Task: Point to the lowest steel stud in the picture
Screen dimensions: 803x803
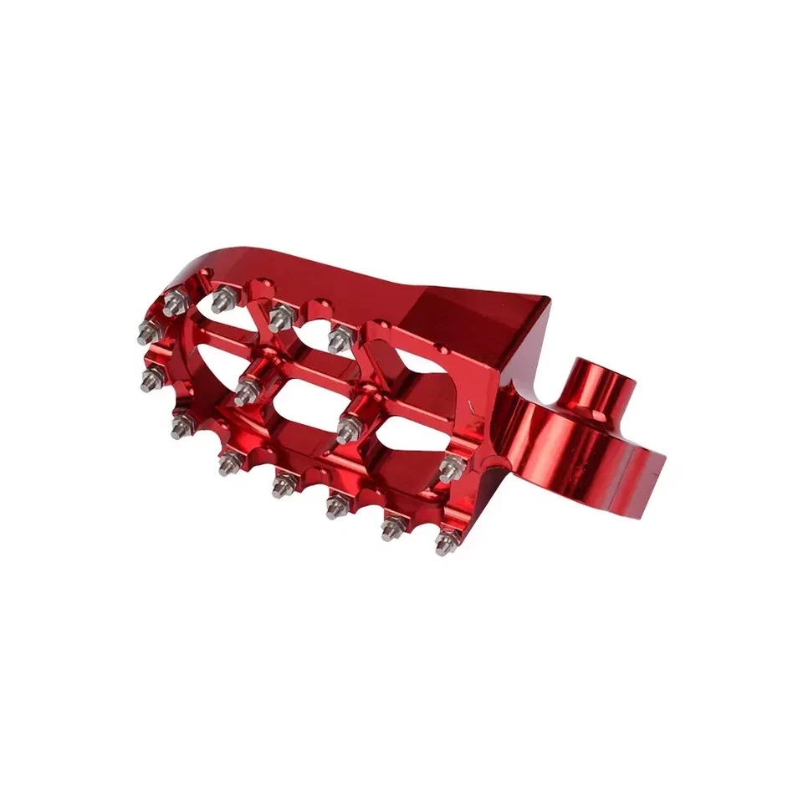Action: [x=444, y=545]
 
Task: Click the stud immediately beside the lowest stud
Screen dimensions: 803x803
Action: [x=391, y=526]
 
